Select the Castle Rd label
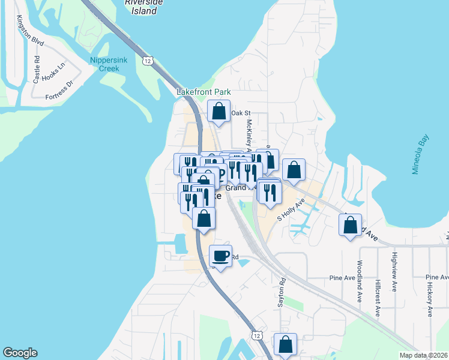point(37,69)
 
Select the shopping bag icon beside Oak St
point(219,111)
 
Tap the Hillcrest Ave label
point(378,298)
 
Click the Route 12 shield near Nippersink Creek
point(148,61)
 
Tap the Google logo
point(20,353)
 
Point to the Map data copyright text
point(424,355)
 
